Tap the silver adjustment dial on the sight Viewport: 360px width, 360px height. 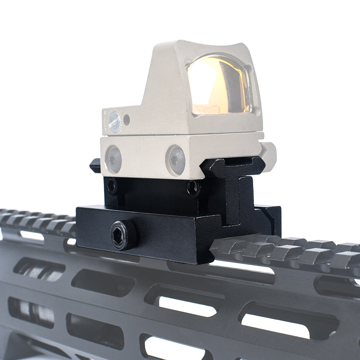tap(114, 122)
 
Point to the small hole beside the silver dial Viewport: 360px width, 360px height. tap(126, 120)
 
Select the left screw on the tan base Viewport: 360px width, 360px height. tap(113, 159)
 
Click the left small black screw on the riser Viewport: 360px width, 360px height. tap(112, 186)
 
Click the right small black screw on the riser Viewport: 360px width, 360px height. tap(193, 188)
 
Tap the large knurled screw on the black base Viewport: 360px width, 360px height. tap(123, 235)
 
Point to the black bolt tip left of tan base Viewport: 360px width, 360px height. tap(95, 165)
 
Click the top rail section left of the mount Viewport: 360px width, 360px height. tap(36, 220)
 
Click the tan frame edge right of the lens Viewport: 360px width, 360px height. tap(256, 90)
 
